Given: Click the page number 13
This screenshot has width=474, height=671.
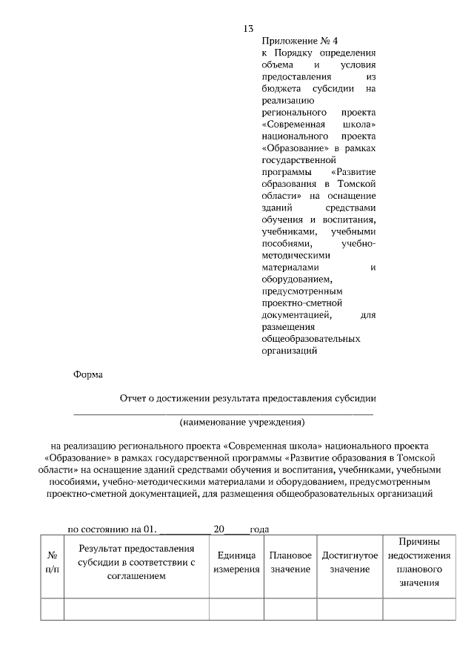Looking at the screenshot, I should [x=248, y=29].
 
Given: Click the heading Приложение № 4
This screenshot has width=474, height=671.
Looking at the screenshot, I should [x=294, y=42].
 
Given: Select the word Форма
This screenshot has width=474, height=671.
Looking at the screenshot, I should [x=88, y=375].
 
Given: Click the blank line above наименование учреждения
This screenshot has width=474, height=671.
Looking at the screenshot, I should [x=222, y=412].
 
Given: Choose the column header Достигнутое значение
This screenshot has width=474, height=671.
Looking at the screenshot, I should [x=350, y=562].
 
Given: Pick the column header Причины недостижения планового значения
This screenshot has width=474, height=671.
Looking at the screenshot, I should [x=419, y=562].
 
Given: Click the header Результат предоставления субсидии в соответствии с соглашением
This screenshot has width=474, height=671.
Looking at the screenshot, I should [x=136, y=562].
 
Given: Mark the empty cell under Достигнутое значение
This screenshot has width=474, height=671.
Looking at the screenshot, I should [x=350, y=609].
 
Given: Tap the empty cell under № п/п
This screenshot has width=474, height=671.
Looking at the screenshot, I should [x=53, y=609].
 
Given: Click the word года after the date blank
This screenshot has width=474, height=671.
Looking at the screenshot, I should [x=258, y=529].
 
